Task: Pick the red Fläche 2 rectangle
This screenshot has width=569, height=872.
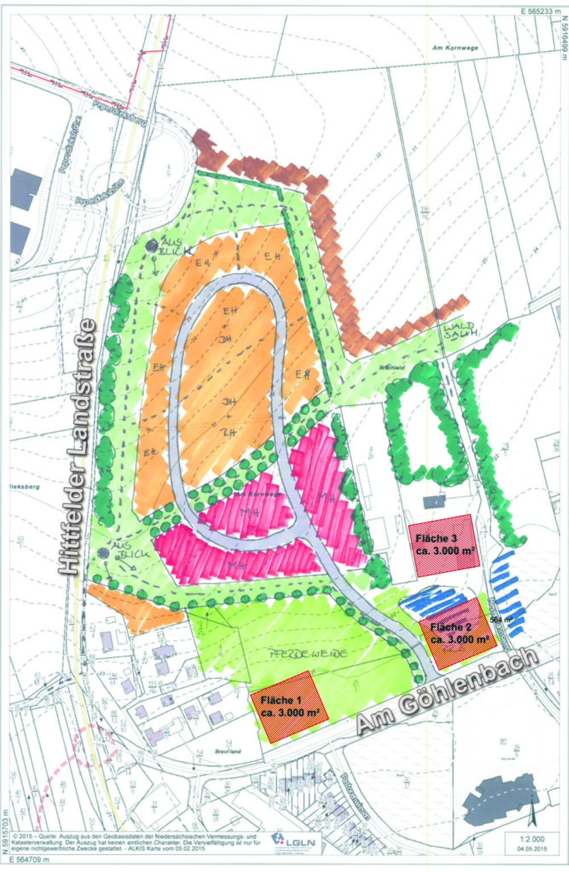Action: point(458,632)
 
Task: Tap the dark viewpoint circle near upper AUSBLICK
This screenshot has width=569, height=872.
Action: point(151,246)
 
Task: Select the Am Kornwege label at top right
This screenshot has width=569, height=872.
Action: point(455,48)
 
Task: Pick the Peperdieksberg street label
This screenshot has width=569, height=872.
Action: point(119,113)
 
